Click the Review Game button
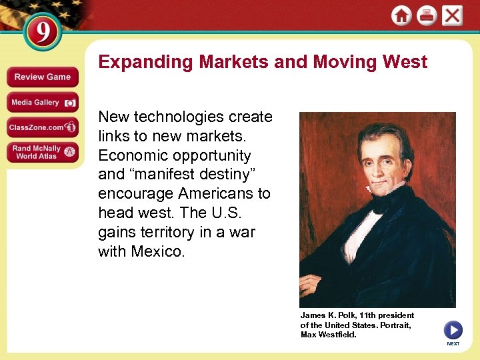click(42, 77)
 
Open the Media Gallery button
click(42, 102)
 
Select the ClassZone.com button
click(42, 127)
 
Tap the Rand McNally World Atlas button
click(42, 152)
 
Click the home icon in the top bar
click(401, 16)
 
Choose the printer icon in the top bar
click(427, 16)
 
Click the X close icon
click(453, 16)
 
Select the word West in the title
click(405, 62)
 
